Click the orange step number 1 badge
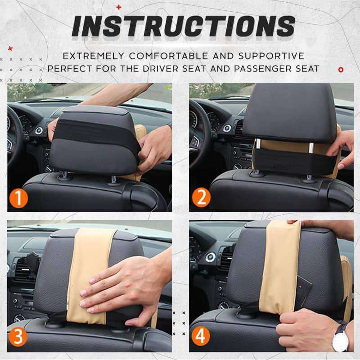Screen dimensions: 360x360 [x=18, y=198]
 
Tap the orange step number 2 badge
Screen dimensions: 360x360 [x=201, y=198]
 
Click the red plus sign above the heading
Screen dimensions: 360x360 [x=119, y=7]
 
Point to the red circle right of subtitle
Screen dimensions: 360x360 [x=341, y=69]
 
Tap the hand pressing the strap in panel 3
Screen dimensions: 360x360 [x=121, y=288]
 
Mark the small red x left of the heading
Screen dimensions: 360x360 [x=10, y=49]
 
